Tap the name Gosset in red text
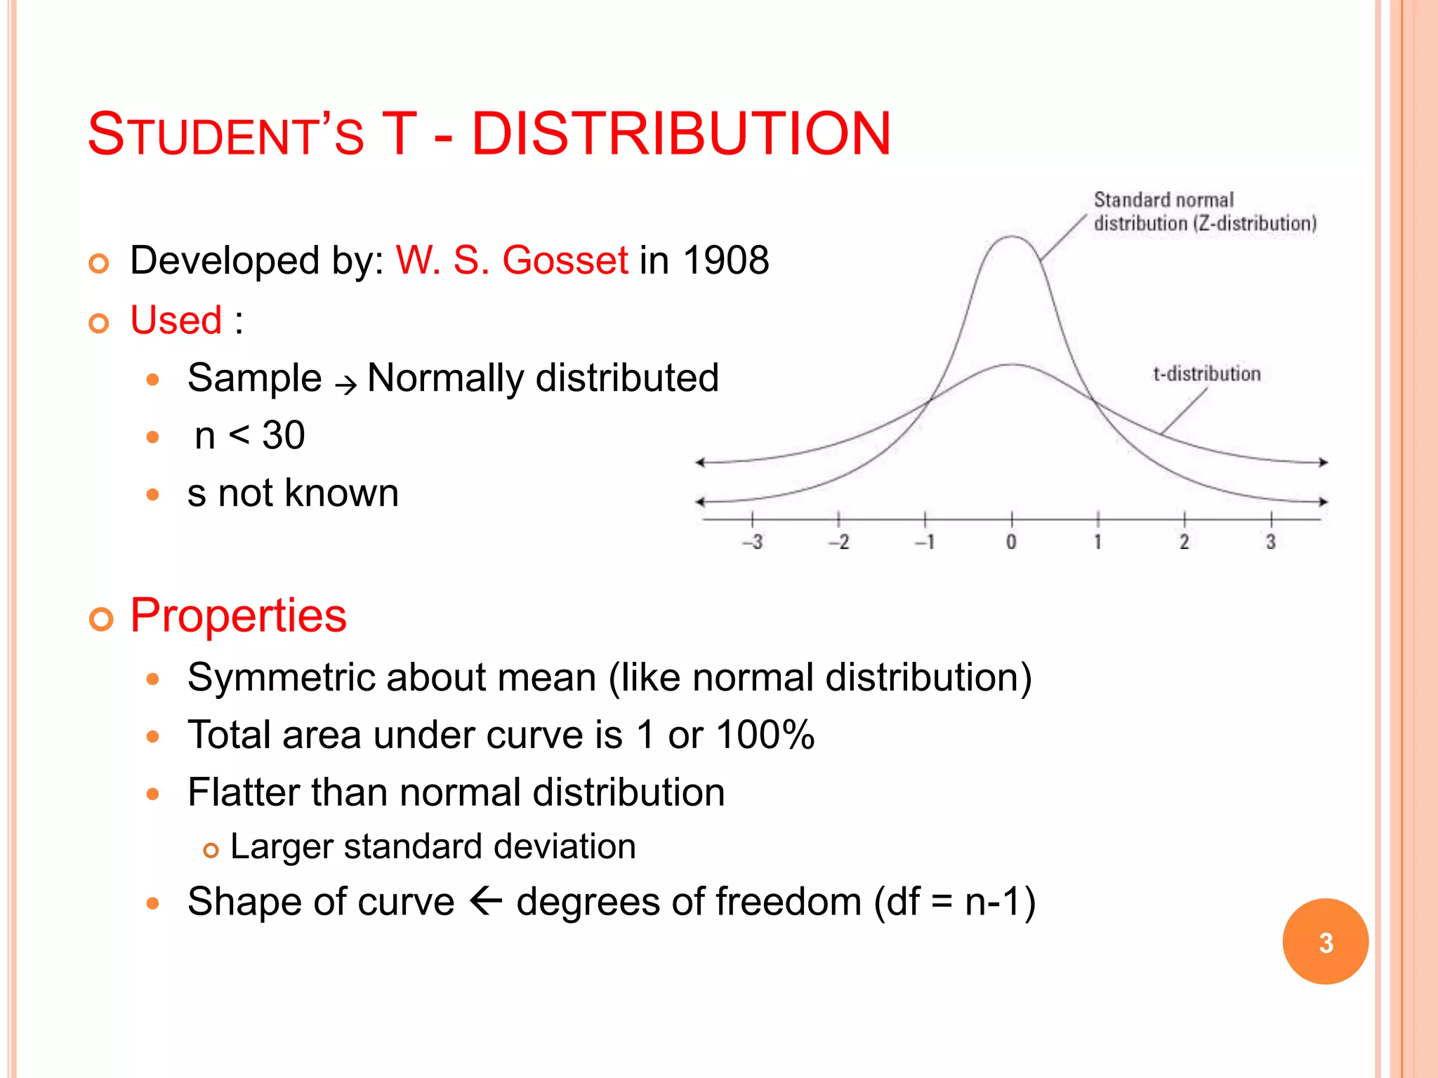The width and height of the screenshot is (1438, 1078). (x=565, y=260)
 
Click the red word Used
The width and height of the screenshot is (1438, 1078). (x=176, y=320)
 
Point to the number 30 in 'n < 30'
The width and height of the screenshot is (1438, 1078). (x=284, y=435)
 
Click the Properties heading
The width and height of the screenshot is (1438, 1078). (x=239, y=615)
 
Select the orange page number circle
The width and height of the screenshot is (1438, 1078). (x=1325, y=941)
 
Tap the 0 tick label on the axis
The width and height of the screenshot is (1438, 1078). (x=1011, y=542)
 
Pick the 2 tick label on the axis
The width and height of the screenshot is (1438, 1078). (x=1184, y=542)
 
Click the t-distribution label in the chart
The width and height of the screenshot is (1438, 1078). (x=1206, y=374)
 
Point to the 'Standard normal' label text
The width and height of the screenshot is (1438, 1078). (x=1163, y=200)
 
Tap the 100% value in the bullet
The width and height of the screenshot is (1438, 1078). (x=765, y=735)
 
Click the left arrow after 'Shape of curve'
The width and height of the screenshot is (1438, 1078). (x=485, y=900)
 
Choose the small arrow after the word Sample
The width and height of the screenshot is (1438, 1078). (x=345, y=385)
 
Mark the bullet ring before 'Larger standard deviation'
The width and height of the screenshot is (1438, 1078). (x=211, y=851)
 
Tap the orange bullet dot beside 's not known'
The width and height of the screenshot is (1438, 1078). (x=153, y=494)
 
